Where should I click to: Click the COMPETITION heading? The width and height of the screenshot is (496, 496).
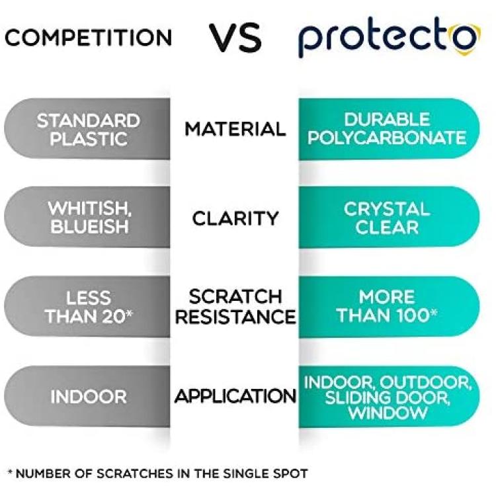pyautogui.click(x=88, y=38)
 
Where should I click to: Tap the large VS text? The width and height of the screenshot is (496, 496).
pyautogui.click(x=235, y=38)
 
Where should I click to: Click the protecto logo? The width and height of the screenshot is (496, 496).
pyautogui.click(x=390, y=38)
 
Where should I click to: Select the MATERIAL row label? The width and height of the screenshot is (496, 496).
pyautogui.click(x=235, y=130)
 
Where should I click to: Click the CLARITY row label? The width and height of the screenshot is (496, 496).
pyautogui.click(x=235, y=218)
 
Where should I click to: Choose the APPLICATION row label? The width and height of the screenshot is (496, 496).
pyautogui.click(x=235, y=396)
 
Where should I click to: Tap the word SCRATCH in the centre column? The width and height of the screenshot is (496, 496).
pyautogui.click(x=235, y=297)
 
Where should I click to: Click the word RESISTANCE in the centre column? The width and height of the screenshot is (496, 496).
pyautogui.click(x=235, y=317)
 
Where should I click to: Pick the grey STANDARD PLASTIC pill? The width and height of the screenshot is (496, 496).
pyautogui.click(x=87, y=129)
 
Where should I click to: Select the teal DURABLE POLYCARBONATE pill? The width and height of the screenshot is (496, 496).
pyautogui.click(x=389, y=129)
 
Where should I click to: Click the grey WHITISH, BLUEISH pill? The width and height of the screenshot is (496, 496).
pyautogui.click(x=87, y=217)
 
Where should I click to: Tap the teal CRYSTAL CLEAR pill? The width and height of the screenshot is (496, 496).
pyautogui.click(x=389, y=217)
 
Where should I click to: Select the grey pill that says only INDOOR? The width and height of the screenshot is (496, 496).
pyautogui.click(x=87, y=396)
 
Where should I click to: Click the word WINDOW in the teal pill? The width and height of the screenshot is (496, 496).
pyautogui.click(x=388, y=413)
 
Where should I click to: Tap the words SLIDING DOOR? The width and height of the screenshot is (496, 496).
pyautogui.click(x=387, y=397)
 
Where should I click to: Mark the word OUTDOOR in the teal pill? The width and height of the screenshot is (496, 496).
pyautogui.click(x=425, y=382)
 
